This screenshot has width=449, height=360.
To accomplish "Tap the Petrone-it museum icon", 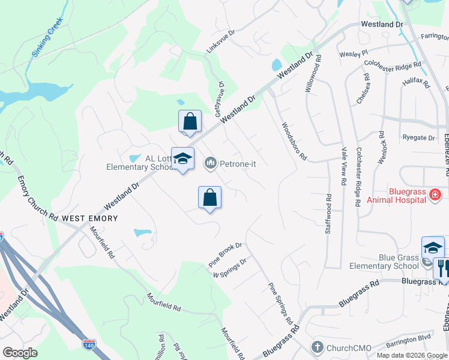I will point(211,163).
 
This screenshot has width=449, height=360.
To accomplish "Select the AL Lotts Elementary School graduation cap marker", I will point(182,159).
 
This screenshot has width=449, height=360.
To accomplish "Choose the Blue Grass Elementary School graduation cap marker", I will point(433,247).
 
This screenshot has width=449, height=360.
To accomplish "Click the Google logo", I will point(20,353).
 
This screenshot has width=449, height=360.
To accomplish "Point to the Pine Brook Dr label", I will point(225,254).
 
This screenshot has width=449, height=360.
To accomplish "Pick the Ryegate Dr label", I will point(418,137).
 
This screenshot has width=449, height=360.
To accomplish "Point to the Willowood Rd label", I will point(313,73).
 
